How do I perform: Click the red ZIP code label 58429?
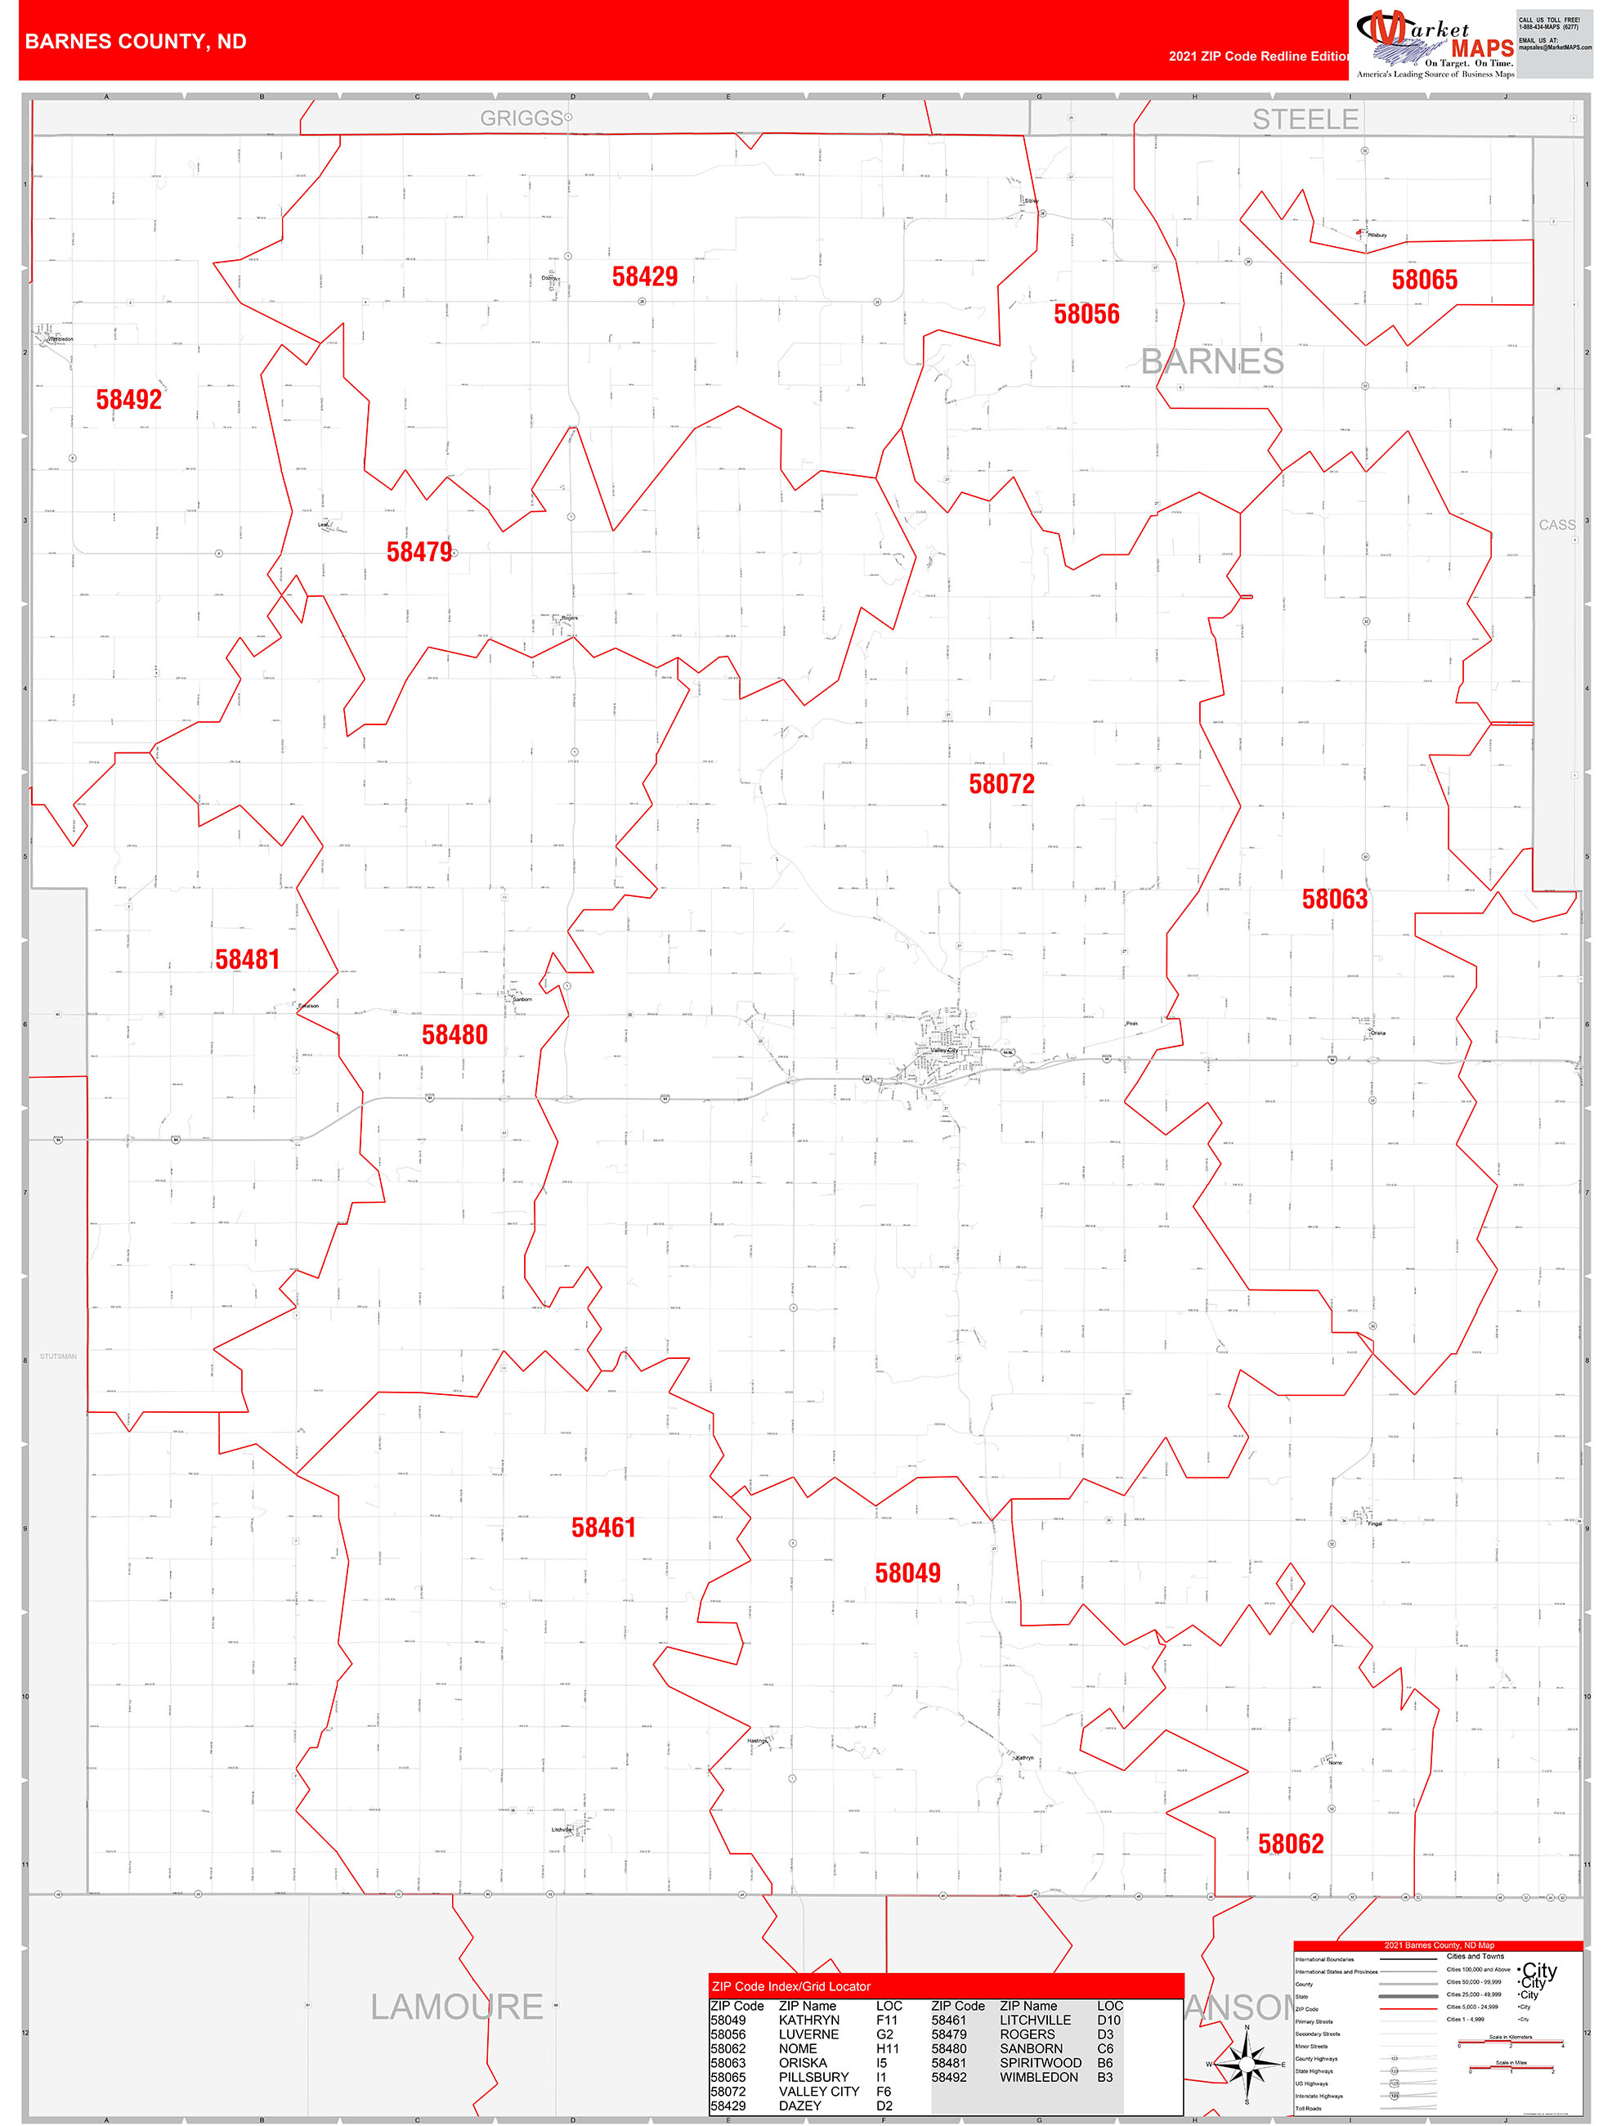[x=645, y=277]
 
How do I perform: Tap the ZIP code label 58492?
[x=129, y=400]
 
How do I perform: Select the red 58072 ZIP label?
[x=1001, y=784]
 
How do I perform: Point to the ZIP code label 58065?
[x=1424, y=280]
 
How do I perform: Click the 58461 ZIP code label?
[x=603, y=1527]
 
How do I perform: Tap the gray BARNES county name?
[x=1212, y=362]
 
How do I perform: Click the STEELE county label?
[x=1305, y=119]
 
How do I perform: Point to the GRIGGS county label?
[x=522, y=119]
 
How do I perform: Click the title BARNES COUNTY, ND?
[x=136, y=42]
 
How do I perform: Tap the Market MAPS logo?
[x=1435, y=43]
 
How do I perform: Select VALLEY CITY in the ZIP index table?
[x=819, y=2092]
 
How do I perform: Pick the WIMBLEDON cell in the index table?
[x=1039, y=2077]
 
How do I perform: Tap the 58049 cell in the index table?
[x=728, y=2021]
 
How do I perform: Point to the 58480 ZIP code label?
[x=454, y=1035]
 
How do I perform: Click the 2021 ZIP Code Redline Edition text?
[x=1259, y=56]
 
